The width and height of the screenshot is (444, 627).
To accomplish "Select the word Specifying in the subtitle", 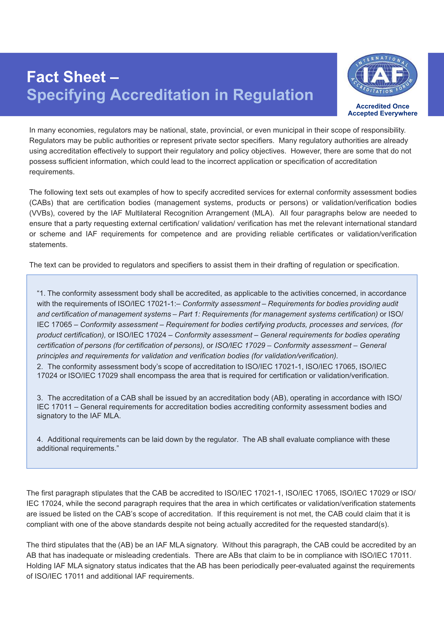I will pyautogui.click(x=66, y=95).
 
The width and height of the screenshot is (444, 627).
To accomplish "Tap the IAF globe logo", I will pyautogui.click(x=382, y=75).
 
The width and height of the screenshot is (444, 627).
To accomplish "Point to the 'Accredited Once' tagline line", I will pyautogui.click(x=382, y=106).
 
